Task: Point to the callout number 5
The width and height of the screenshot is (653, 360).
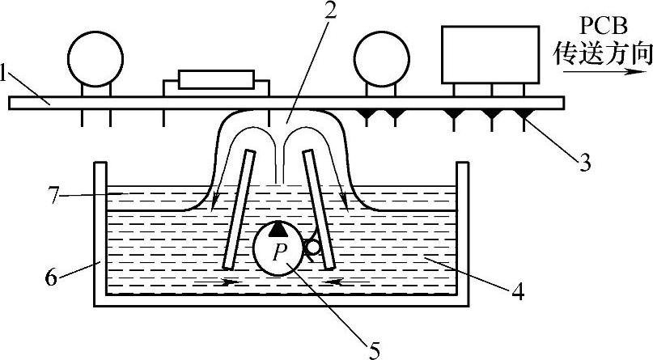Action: pyautogui.click(x=374, y=349)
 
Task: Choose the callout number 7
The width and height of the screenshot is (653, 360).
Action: pyautogui.click(x=52, y=194)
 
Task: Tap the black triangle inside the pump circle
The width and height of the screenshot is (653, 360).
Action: pyautogui.click(x=278, y=231)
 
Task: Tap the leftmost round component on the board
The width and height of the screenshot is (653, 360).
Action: pyautogui.click(x=95, y=57)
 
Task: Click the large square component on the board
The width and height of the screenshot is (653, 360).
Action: pyautogui.click(x=490, y=53)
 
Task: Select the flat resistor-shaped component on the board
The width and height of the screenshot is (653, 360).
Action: pyautogui.click(x=215, y=79)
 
